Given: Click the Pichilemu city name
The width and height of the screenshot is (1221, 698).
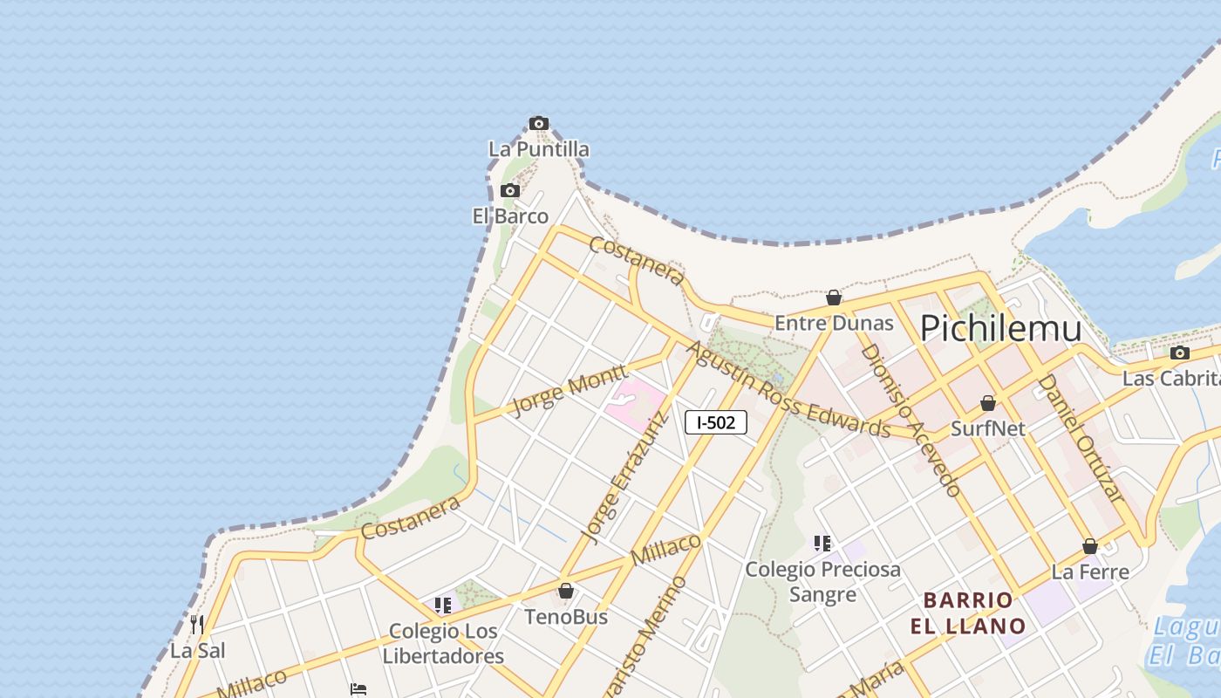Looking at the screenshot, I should [x=1000, y=328].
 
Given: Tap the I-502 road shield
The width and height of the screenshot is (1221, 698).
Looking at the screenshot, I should [x=716, y=423].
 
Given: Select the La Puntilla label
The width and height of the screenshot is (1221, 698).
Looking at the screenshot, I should [x=538, y=149].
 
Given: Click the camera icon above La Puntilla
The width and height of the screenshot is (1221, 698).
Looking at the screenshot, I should [x=539, y=124].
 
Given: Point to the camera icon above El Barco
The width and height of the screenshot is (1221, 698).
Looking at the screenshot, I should [x=510, y=191].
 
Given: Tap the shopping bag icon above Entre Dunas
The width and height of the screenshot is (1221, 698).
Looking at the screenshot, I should [x=834, y=298].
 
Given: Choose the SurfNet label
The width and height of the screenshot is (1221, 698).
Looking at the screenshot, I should [x=987, y=428].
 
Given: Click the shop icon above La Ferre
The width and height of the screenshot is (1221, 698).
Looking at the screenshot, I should [x=1090, y=546].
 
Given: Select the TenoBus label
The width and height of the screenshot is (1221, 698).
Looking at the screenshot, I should [x=566, y=617].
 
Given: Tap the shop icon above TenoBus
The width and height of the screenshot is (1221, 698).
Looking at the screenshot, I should [x=566, y=592].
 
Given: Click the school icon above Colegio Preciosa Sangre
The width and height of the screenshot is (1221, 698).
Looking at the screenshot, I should [x=822, y=544].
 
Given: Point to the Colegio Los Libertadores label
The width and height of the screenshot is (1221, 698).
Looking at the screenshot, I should [x=443, y=643].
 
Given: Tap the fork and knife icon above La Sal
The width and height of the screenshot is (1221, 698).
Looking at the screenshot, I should [x=197, y=624].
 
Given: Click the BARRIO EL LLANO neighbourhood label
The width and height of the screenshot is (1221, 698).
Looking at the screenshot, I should [x=968, y=613].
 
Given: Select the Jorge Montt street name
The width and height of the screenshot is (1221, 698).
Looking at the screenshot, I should [x=569, y=389].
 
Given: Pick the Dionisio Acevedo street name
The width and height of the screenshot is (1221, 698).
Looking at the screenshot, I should [x=911, y=420].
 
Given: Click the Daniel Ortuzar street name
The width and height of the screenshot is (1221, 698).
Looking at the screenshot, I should [x=1078, y=437].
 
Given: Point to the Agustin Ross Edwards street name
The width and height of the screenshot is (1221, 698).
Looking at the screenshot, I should [x=788, y=390].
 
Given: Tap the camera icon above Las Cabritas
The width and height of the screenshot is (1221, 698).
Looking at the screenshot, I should [x=1180, y=353].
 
